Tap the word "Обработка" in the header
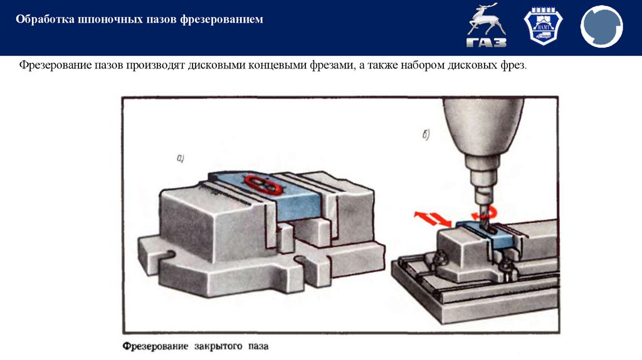(x=43, y=20)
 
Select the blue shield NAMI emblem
(x=544, y=28)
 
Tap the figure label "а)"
(x=180, y=159)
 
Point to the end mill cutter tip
(x=483, y=216)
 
